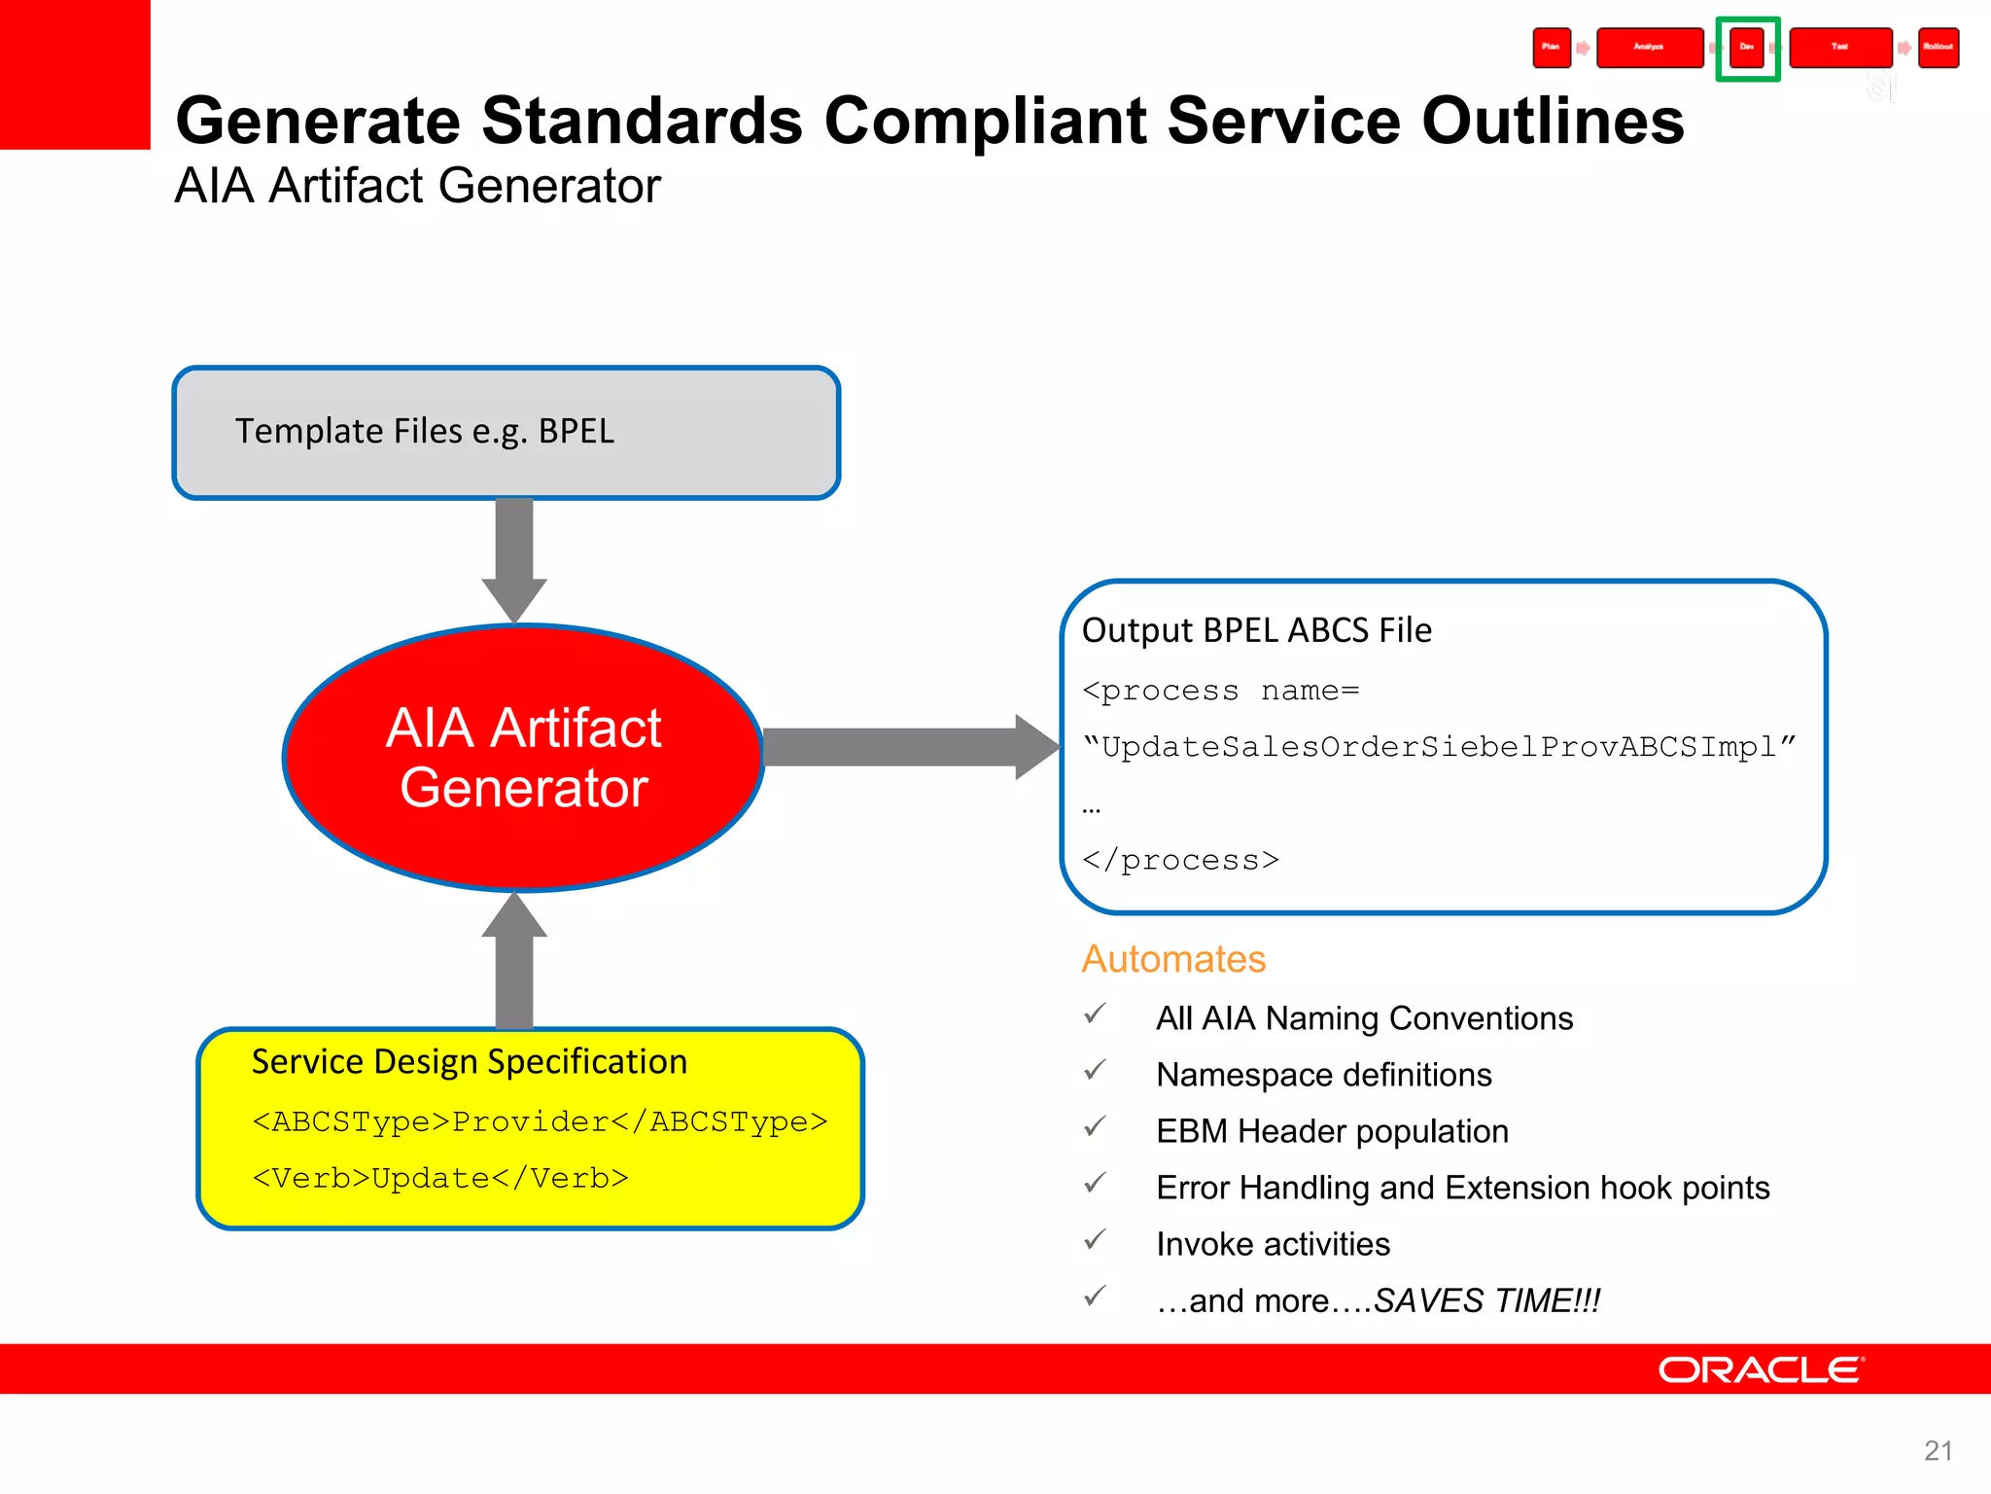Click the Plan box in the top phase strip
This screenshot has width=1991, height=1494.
pyautogui.click(x=1552, y=48)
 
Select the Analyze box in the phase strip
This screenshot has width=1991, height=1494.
pyautogui.click(x=1649, y=48)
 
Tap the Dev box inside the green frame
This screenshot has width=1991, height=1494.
pyautogui.click(x=1747, y=48)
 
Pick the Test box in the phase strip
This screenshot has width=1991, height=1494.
pyautogui.click(x=1839, y=48)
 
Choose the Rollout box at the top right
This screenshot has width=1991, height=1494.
pyautogui.click(x=1938, y=48)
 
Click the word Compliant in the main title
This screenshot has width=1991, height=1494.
pyautogui.click(x=986, y=121)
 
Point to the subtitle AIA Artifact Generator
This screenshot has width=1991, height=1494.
pyautogui.click(x=417, y=186)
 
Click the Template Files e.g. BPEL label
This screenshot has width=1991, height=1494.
pyautogui.click(x=425, y=431)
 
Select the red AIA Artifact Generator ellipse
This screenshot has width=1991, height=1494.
pyautogui.click(x=524, y=758)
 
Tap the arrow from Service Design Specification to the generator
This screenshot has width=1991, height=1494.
pyautogui.click(x=514, y=963)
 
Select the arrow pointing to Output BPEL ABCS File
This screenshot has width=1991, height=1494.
pyautogui.click(x=909, y=747)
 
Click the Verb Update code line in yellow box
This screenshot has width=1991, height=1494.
pyautogui.click(x=440, y=1178)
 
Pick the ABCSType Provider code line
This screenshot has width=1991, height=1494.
pyautogui.click(x=540, y=1121)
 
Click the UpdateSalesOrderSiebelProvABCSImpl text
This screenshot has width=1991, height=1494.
pyautogui.click(x=1439, y=747)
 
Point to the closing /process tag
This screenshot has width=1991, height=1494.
pyautogui.click(x=1180, y=860)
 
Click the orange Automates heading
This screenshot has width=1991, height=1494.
pyautogui.click(x=1173, y=959)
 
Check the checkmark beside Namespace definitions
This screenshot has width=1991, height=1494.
pyautogui.click(x=1095, y=1072)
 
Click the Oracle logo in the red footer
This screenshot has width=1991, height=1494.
pyautogui.click(x=1761, y=1369)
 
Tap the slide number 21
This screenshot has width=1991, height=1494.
pyautogui.click(x=1938, y=1450)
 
